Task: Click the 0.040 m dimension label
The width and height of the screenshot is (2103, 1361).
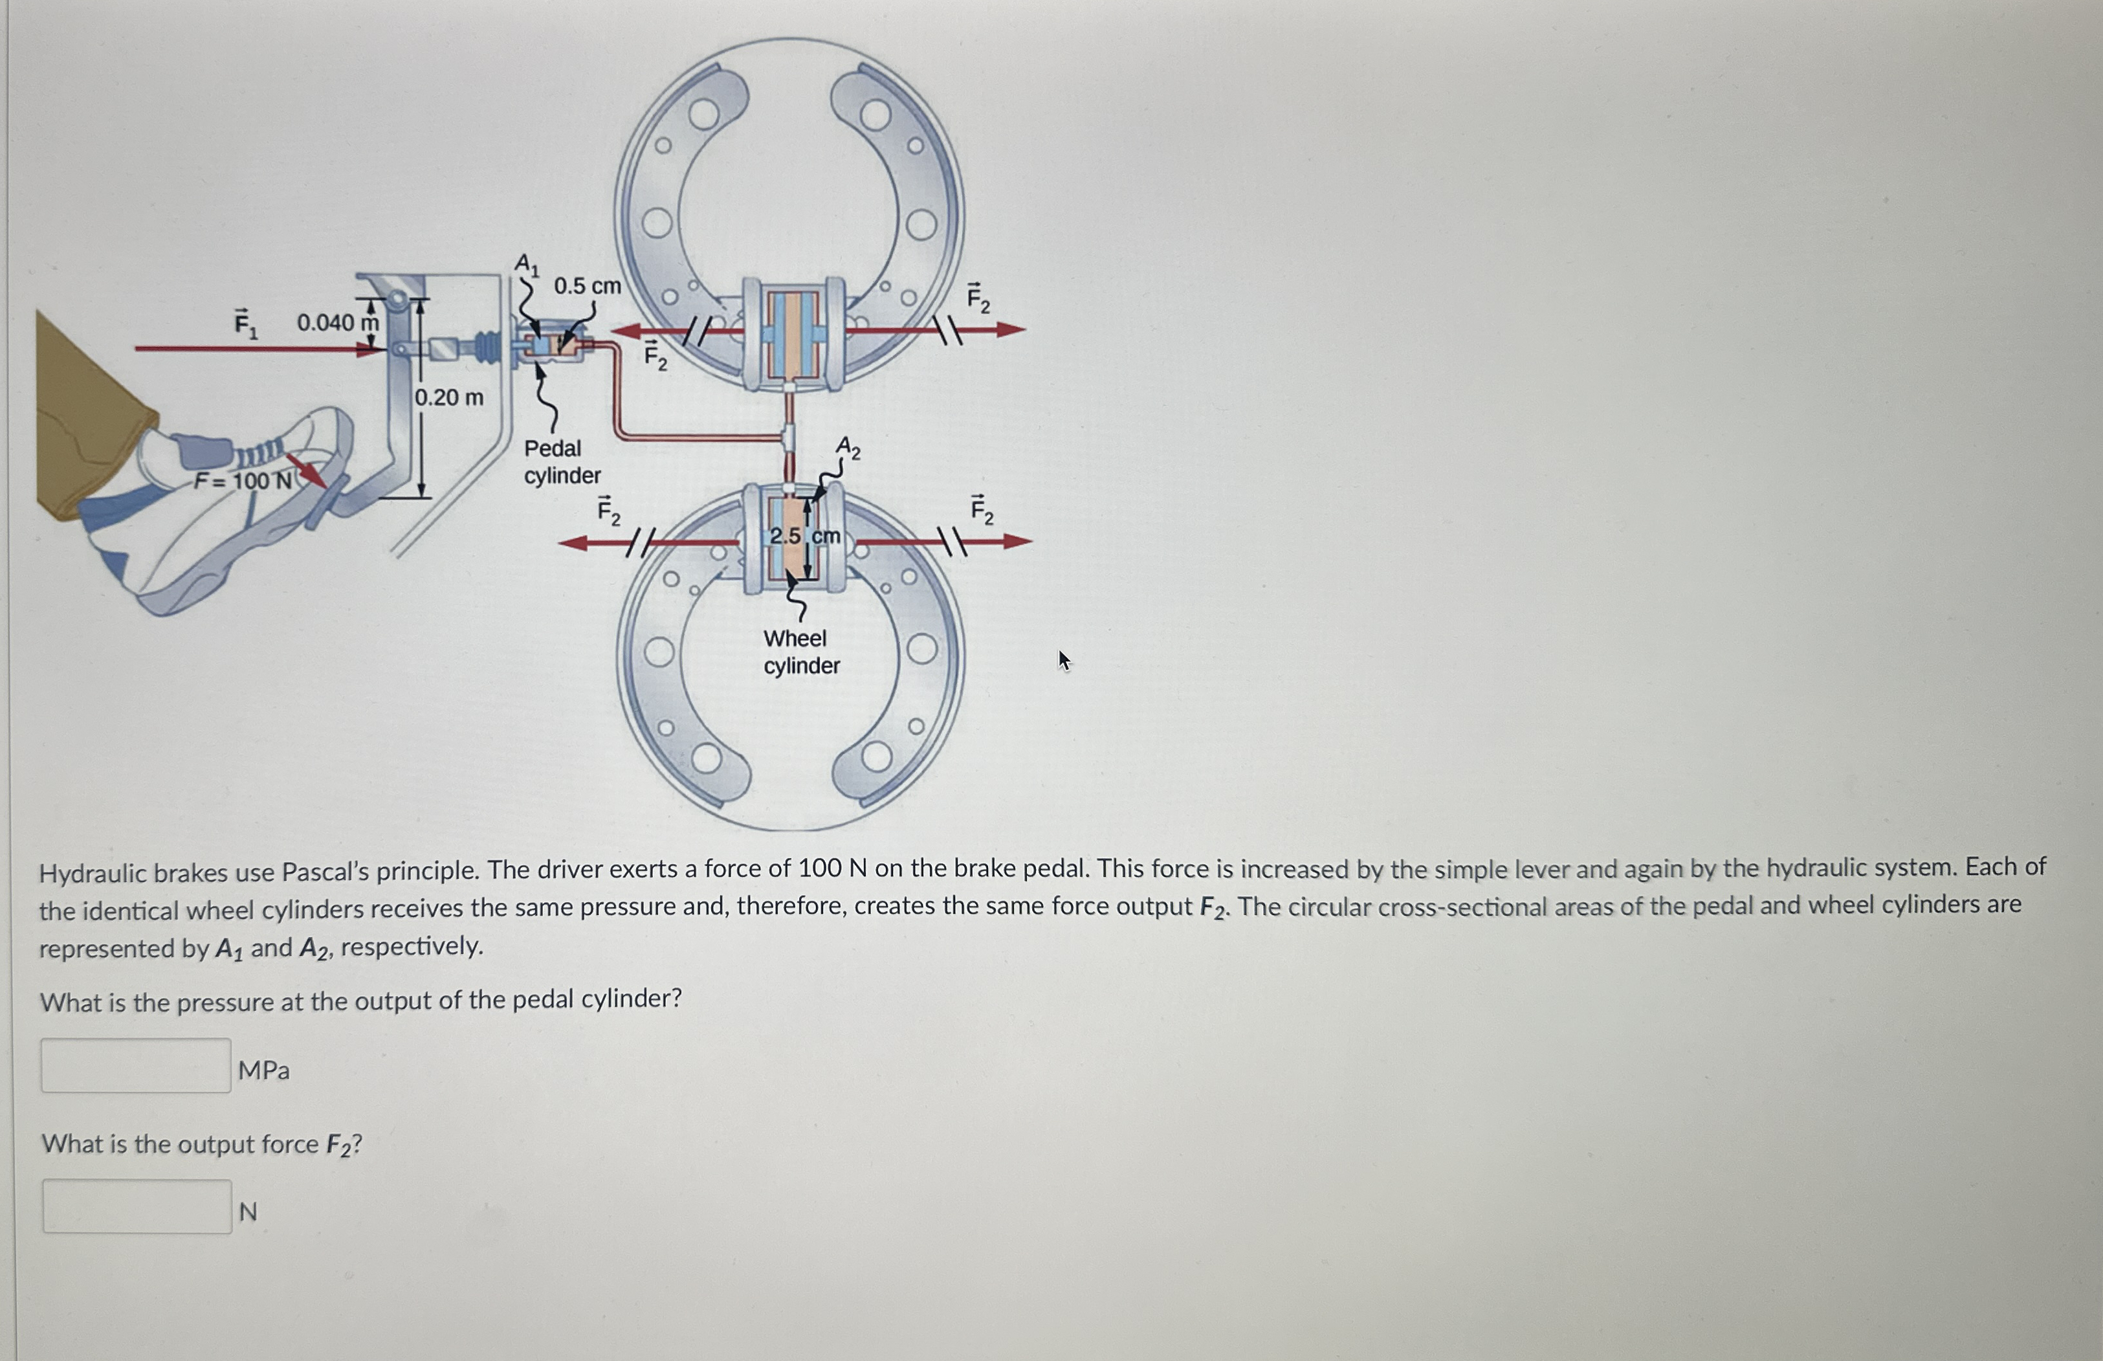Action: click(338, 322)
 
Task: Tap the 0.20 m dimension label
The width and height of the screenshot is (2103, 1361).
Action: click(449, 398)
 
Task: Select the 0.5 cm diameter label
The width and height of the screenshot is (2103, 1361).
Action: click(587, 286)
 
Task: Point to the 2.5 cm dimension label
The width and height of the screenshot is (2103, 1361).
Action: click(804, 536)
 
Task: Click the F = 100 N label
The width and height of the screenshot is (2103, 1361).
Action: click(243, 481)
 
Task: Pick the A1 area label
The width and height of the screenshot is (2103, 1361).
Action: click(527, 263)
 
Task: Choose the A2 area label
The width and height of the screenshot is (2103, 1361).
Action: click(848, 448)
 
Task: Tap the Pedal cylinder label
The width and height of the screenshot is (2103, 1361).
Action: click(562, 462)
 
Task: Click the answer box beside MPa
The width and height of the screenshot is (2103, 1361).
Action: click(136, 1066)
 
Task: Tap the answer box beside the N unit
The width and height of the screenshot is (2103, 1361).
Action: click(137, 1206)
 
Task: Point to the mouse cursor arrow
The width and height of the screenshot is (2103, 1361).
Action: click(1064, 659)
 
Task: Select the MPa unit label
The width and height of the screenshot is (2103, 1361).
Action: click(263, 1070)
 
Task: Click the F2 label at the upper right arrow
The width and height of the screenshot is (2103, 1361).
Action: click(978, 299)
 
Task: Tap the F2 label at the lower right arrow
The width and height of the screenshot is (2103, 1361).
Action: click(982, 510)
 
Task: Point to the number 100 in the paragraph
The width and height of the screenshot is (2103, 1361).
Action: click(819, 868)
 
